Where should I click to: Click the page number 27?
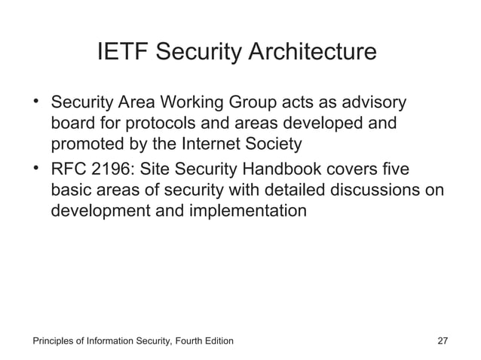(x=443, y=341)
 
